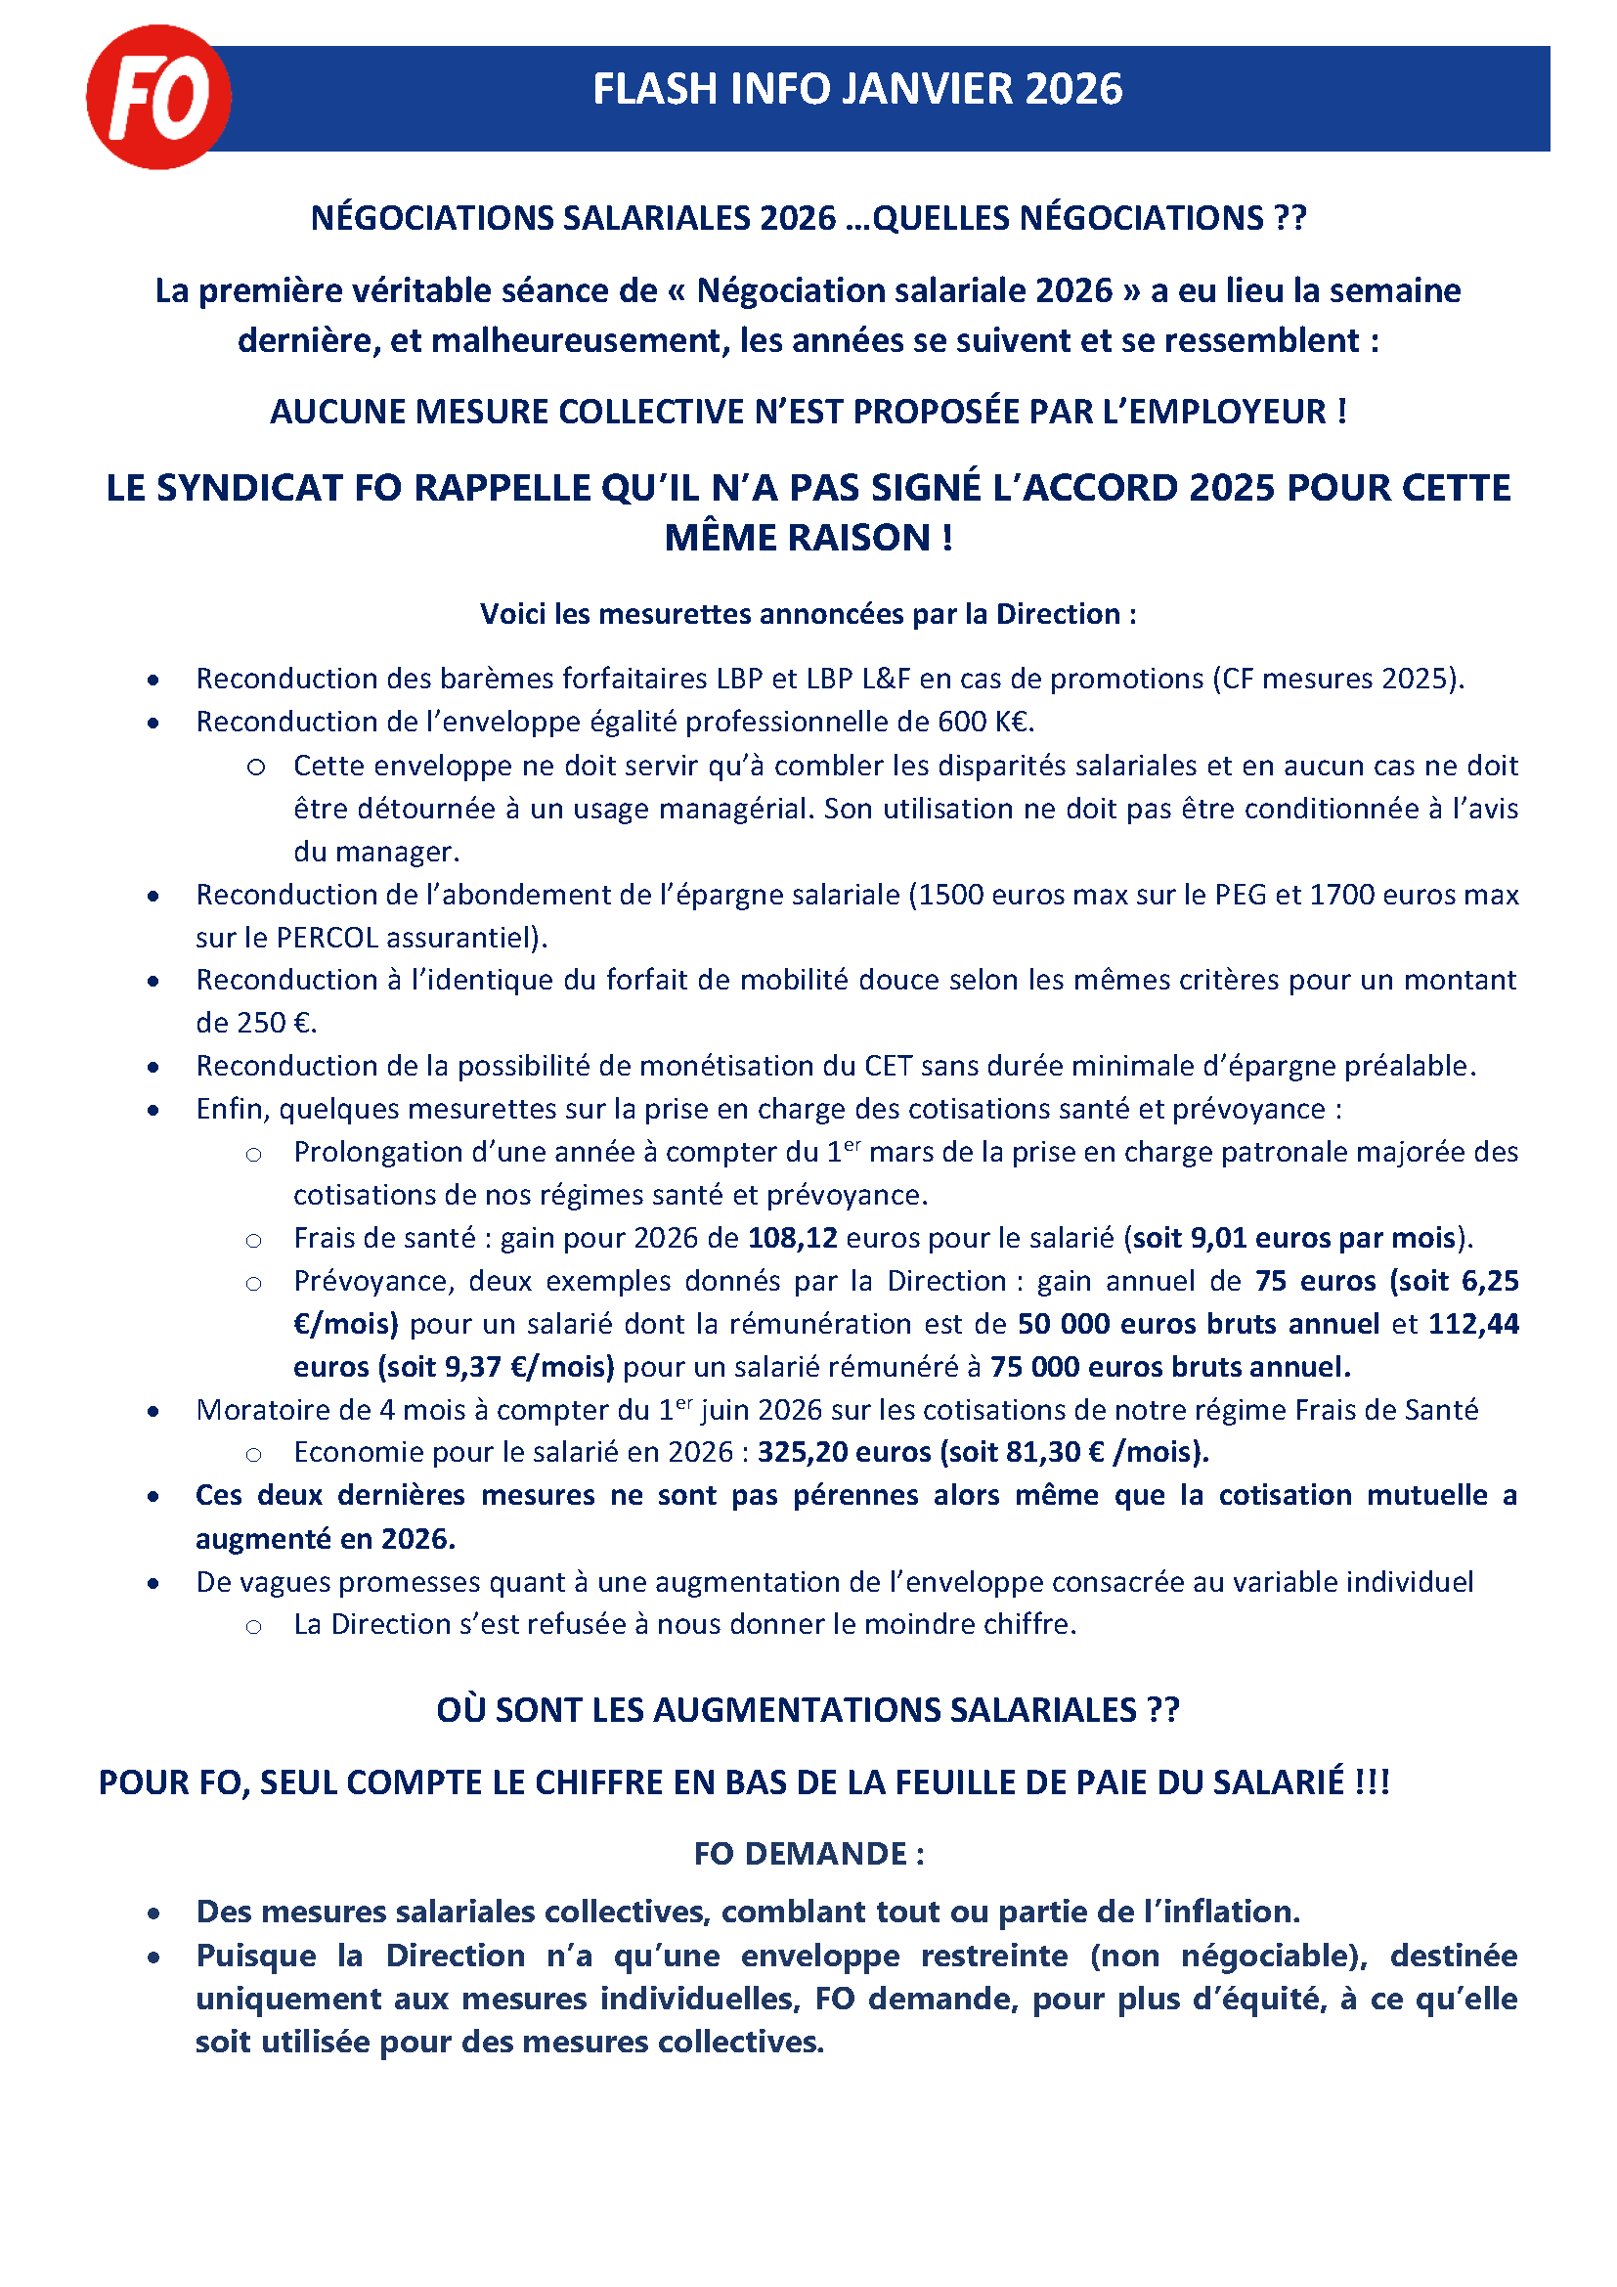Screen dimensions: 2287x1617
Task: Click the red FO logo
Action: [158, 97]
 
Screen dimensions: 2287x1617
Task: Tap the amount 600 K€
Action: [984, 723]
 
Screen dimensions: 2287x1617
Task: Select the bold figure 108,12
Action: [793, 1238]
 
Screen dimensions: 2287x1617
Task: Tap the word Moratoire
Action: [255, 1410]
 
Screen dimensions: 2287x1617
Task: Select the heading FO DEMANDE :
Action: [808, 1854]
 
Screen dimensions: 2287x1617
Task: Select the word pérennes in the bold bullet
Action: [855, 1495]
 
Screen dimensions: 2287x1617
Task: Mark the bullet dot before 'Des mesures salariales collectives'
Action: [153, 1913]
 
